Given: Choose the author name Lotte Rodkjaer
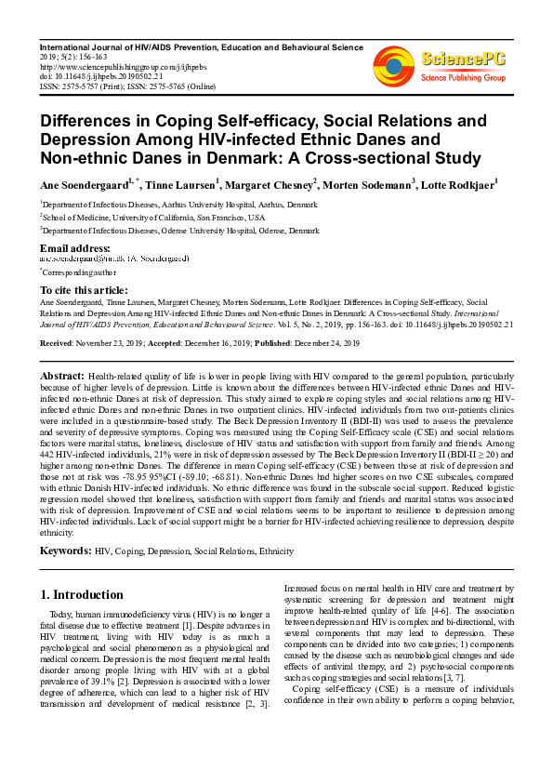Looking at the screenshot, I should click(457, 184).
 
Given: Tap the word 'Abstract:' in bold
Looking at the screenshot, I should click(60, 374).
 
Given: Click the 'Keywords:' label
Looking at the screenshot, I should click(65, 551).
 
